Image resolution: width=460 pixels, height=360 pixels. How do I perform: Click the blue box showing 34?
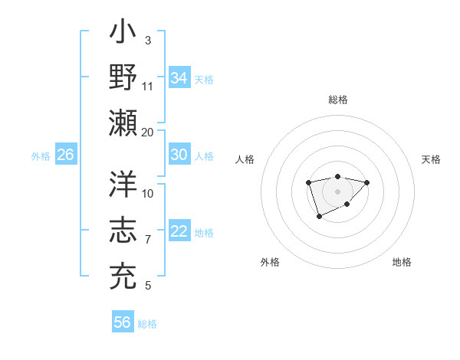[179, 78]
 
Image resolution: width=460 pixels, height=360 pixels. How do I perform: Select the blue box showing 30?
[179, 155]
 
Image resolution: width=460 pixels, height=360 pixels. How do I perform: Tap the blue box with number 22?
[179, 232]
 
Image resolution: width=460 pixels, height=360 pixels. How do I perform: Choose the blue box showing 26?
[65, 155]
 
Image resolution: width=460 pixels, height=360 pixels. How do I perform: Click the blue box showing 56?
[123, 322]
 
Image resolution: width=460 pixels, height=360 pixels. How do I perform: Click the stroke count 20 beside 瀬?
[147, 132]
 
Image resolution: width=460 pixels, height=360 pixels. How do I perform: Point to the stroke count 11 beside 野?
[148, 86]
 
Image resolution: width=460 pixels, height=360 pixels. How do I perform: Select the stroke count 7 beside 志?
[148, 240]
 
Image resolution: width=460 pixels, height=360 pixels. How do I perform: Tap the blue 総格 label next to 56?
[147, 324]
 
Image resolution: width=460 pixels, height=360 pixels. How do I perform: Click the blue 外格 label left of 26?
[41, 156]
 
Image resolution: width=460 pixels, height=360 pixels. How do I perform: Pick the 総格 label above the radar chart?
[338, 100]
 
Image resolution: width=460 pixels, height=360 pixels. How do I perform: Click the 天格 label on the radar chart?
[431, 159]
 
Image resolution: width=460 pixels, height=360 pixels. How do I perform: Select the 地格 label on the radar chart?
[402, 262]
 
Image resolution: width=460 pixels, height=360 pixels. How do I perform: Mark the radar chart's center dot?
[337, 191]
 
